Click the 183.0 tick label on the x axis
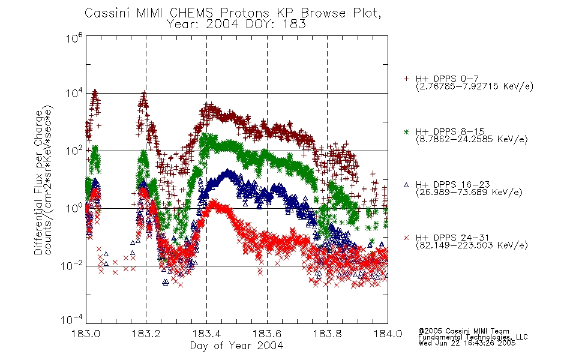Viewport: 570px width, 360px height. coord(86,334)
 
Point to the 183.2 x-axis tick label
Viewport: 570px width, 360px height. coord(146,334)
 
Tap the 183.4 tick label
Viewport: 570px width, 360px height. coord(206,334)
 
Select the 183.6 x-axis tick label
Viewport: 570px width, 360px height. coord(267,334)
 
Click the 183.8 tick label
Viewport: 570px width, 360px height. coord(327,334)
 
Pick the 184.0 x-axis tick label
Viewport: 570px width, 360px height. coord(388,334)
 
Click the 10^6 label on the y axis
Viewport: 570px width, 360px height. coord(74,38)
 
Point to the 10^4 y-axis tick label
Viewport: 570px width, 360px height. coord(74,93)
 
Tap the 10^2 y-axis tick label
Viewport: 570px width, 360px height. coord(74,151)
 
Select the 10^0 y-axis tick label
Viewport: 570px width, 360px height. coord(74,208)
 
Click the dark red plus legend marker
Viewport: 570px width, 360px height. coord(406,79)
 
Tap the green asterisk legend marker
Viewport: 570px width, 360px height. coord(406,131)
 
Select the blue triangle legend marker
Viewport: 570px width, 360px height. coord(406,185)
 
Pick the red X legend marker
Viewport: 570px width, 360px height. coord(406,238)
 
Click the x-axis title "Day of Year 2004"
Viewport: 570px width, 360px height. coord(236,346)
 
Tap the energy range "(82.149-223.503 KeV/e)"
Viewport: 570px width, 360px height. coord(472,245)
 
